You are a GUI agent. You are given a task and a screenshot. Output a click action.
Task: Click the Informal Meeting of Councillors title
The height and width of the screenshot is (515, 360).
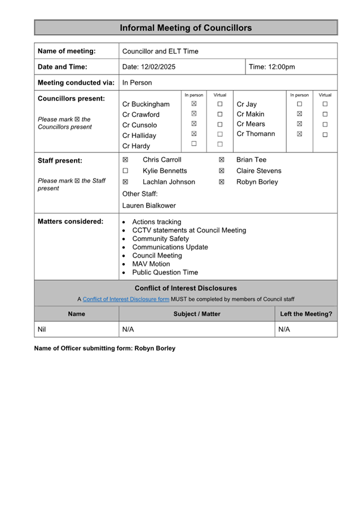(186, 28)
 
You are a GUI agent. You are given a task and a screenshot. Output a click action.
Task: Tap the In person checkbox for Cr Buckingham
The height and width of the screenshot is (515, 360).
(194, 104)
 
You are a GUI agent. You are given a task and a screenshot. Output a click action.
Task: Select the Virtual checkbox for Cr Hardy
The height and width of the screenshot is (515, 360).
(220, 144)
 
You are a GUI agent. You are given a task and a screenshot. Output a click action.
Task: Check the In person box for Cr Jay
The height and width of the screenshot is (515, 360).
(300, 104)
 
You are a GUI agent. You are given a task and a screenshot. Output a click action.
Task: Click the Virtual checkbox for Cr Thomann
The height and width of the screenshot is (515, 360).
(325, 134)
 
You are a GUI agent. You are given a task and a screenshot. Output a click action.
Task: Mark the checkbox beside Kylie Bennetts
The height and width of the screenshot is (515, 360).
(125, 171)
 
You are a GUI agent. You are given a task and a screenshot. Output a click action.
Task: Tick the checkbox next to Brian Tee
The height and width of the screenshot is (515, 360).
(222, 160)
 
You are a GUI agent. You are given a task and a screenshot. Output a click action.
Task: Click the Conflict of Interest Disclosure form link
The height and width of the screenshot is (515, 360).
(126, 299)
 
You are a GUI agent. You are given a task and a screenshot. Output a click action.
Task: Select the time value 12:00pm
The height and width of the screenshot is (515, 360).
(280, 67)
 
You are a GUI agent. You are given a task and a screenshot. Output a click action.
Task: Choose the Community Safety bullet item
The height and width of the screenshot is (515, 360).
(160, 238)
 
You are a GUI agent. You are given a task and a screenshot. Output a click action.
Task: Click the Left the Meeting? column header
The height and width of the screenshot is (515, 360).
(306, 314)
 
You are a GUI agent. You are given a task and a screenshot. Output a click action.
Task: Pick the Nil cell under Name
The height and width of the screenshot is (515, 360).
(42, 329)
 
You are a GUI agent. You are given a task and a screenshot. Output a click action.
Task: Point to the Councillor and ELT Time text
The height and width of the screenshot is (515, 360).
(160, 51)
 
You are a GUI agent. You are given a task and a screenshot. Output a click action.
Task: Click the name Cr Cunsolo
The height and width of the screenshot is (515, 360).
(139, 125)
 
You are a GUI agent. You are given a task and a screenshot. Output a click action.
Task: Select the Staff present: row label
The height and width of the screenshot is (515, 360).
(60, 160)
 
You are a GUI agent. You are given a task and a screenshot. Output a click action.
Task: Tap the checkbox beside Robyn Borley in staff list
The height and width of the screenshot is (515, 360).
(222, 182)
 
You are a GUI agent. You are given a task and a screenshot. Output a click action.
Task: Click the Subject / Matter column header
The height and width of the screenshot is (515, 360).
(197, 314)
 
